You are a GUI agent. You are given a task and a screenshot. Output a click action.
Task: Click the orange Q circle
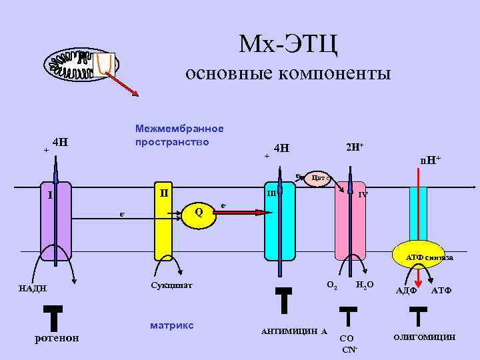click(x=198, y=211)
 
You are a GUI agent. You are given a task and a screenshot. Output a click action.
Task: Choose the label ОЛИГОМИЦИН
click(x=425, y=337)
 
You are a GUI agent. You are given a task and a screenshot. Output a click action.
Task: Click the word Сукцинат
click(x=172, y=285)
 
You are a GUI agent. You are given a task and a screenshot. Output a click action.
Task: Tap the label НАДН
click(x=33, y=288)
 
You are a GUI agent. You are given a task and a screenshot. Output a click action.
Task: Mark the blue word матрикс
click(x=172, y=325)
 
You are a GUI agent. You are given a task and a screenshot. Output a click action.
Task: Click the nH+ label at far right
click(x=430, y=160)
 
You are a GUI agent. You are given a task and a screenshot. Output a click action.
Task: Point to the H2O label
click(x=365, y=285)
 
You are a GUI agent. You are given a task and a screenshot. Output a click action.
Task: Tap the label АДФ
click(x=406, y=290)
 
